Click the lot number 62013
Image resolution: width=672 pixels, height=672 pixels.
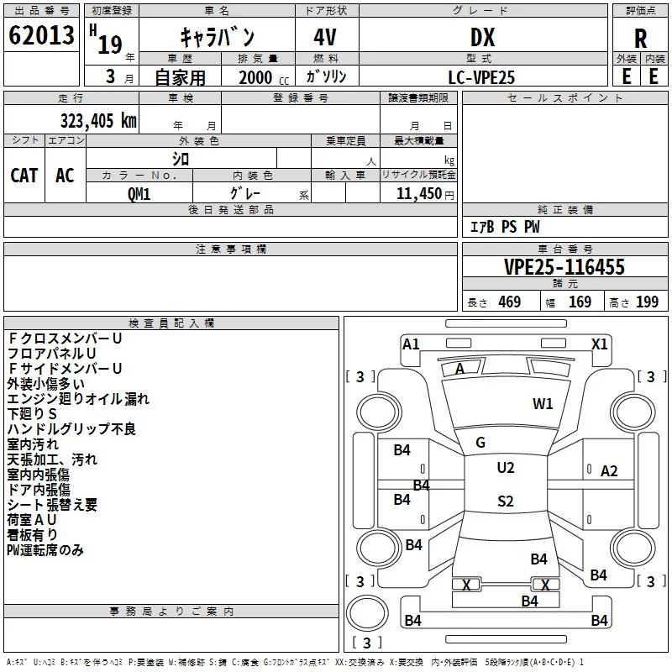coord(41,35)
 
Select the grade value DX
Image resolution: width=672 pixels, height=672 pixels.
coord(482,37)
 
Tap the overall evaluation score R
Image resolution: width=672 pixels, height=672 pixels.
coord(640,39)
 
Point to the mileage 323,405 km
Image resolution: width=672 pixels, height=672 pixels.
coord(98,121)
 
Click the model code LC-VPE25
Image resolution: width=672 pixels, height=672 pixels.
coord(481,77)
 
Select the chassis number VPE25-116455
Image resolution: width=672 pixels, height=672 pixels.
coord(564,267)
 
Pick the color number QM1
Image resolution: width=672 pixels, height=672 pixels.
coord(139,194)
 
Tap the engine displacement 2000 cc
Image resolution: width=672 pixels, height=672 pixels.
coord(264,77)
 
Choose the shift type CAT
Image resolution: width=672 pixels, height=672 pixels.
coord(24,176)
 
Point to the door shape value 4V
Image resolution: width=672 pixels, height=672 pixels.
coord(325,37)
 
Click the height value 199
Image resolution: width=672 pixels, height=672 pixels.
coord(647,302)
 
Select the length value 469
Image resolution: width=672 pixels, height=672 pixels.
coord(510,302)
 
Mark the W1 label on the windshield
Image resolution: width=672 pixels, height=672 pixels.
coord(543,404)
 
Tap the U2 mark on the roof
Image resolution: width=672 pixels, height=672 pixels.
coord(506,468)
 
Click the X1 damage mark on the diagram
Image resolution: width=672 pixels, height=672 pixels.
coord(599,344)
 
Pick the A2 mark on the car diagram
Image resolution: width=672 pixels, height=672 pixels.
coord(609,471)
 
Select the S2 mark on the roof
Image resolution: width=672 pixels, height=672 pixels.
coord(506,501)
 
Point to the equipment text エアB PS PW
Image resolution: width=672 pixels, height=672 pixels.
coord(505,227)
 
